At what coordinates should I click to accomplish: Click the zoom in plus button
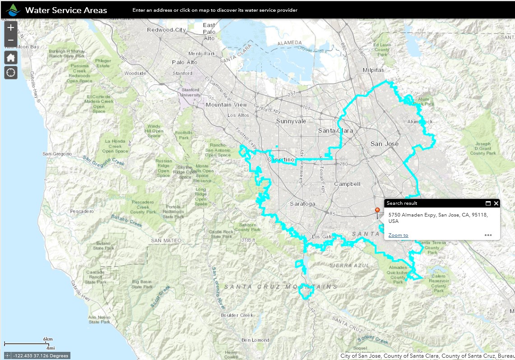coord(11,28)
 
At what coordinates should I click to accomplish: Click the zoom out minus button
coord(11,41)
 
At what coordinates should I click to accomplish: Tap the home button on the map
coord(11,57)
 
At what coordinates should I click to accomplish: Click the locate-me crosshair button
coord(11,72)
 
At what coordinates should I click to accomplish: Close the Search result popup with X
coord(496,203)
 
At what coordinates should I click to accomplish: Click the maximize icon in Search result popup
coord(488,203)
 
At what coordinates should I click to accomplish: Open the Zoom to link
coord(398,235)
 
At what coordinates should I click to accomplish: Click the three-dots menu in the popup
coord(488,235)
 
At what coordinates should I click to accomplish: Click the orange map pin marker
coord(377,211)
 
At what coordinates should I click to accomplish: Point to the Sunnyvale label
coord(291,121)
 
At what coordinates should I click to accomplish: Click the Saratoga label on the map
coord(302,203)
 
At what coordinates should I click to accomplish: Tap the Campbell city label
coord(347,184)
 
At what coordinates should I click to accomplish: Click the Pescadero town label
coord(81,211)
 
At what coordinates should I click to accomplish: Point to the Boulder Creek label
coord(237,315)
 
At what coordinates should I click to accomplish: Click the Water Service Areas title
coord(66,10)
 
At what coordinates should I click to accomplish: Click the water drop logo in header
coord(14,9)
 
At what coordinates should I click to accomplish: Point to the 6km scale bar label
coord(48,339)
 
